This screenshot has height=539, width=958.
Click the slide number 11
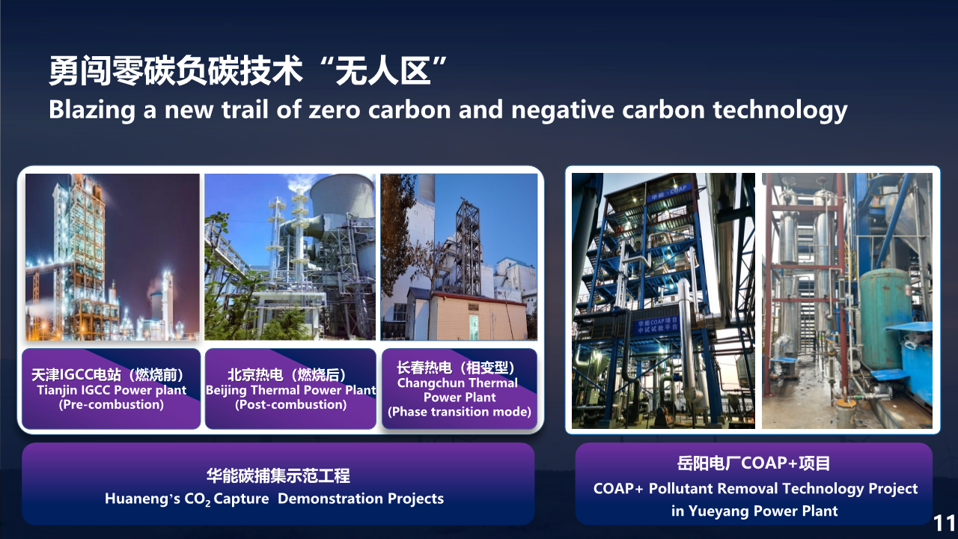point(944,523)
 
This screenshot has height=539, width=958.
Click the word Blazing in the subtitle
point(92,110)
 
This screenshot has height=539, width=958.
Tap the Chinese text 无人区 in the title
point(382,71)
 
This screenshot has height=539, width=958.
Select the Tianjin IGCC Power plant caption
point(112,390)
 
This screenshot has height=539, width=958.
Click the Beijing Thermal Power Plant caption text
point(291,390)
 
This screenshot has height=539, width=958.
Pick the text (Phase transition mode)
point(460,412)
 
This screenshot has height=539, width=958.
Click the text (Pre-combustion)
point(112,405)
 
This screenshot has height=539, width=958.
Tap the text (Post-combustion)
point(291,405)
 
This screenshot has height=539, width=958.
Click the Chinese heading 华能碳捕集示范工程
point(278,475)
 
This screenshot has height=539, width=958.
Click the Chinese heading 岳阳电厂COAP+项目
point(754,463)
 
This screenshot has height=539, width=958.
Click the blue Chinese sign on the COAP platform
point(656,325)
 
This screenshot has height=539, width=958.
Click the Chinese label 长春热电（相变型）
point(456,368)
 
